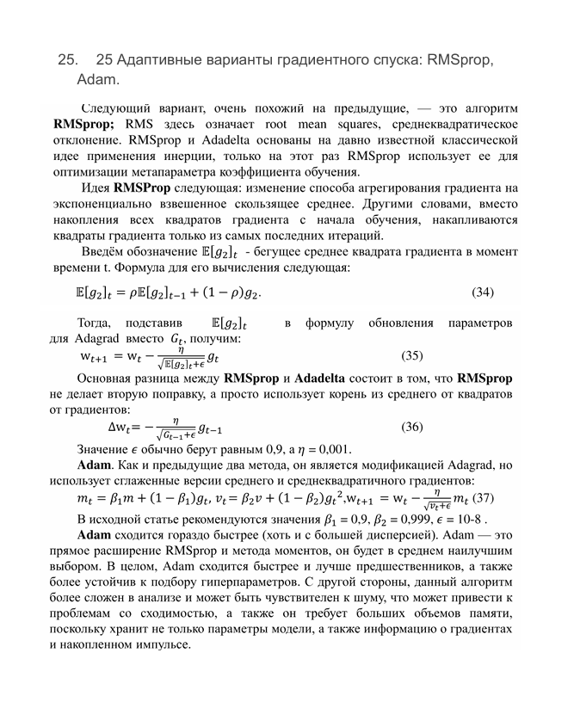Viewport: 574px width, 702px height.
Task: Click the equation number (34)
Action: (x=483, y=292)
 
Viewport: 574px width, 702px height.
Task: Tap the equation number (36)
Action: (x=412, y=426)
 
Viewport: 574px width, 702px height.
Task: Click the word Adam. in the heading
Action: (x=97, y=81)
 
